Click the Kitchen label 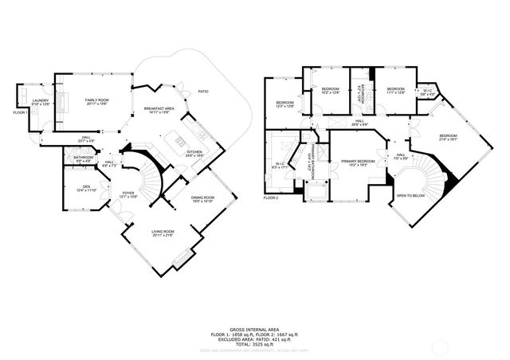click(194, 154)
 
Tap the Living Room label click(163, 233)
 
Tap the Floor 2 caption click(272, 197)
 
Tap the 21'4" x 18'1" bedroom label click(449, 136)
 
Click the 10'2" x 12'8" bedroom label click(330, 90)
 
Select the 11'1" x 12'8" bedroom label click(396, 90)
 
